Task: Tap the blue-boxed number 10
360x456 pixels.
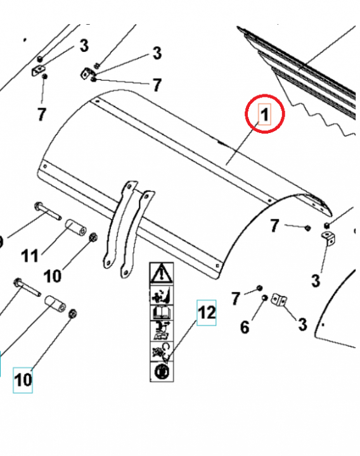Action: click(23, 381)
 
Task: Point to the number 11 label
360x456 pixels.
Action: click(29, 256)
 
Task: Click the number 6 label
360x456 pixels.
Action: click(245, 327)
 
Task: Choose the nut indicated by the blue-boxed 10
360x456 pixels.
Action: click(72, 313)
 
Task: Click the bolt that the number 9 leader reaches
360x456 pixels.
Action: click(44, 210)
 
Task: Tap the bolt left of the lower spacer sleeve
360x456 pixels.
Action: click(25, 287)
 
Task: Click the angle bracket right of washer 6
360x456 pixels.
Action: click(279, 299)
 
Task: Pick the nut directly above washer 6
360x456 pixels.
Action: click(259, 289)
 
